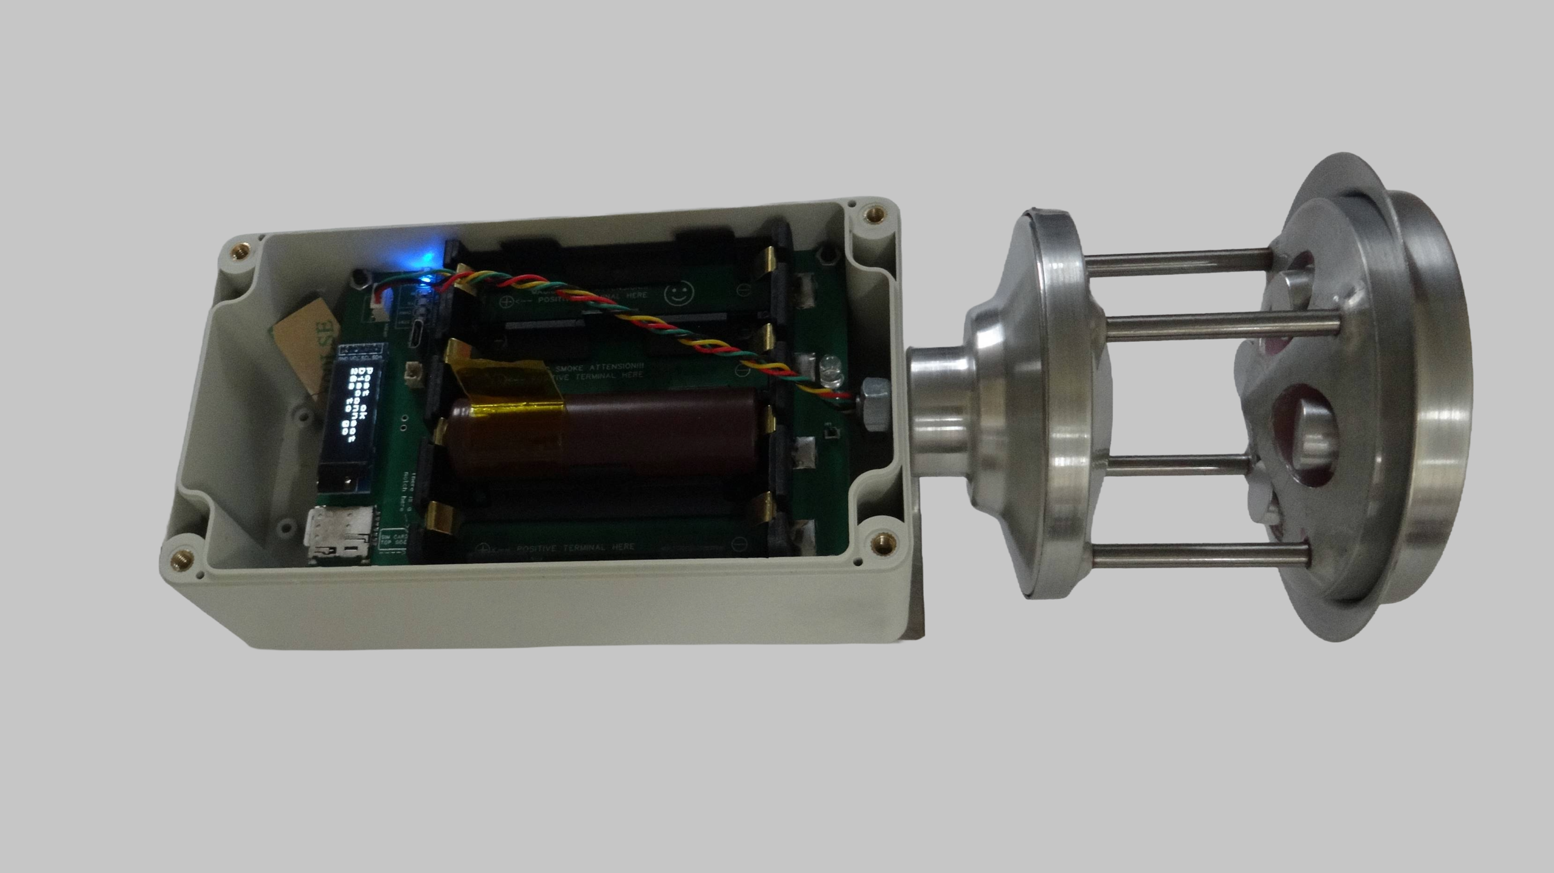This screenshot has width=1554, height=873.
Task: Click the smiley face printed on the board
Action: (680, 294)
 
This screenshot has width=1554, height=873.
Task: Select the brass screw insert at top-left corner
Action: (241, 251)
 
